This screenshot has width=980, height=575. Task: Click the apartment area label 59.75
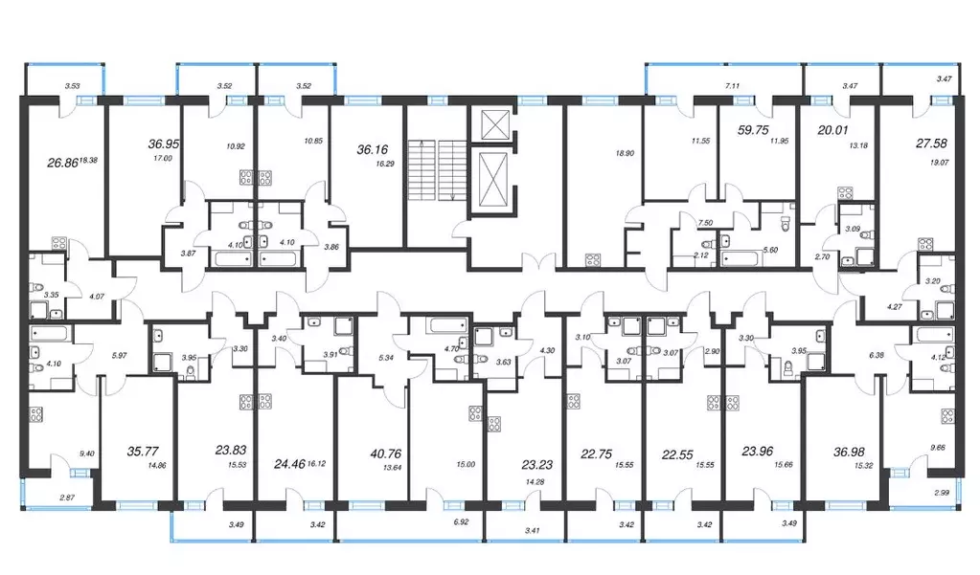[753, 130]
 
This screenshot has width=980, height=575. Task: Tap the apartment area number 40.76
[386, 453]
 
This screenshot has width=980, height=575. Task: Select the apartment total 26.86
[62, 163]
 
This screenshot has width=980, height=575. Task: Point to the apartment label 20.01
[832, 130]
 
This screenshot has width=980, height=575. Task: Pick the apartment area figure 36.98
[849, 452]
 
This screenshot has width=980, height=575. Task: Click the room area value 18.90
[625, 153]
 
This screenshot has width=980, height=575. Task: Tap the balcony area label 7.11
[732, 86]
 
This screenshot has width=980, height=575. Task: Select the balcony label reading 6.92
[461, 521]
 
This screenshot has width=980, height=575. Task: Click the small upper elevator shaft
[490, 124]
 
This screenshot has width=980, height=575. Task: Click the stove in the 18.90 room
[592, 259]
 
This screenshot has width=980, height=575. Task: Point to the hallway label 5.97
[119, 356]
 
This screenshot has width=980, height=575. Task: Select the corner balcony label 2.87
[67, 498]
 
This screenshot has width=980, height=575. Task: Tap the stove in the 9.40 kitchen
[36, 414]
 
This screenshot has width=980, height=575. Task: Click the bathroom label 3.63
[503, 362]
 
